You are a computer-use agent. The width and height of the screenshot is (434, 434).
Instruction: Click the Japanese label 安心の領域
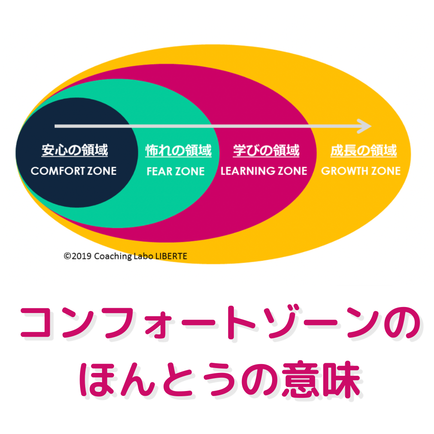(74, 150)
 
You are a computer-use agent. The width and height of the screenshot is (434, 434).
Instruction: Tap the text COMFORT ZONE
(74, 171)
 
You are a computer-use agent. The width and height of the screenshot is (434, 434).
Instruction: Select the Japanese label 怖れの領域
(178, 151)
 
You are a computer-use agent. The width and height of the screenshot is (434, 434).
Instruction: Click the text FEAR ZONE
(176, 171)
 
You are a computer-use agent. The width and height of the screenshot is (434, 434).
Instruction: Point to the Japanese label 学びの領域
(266, 150)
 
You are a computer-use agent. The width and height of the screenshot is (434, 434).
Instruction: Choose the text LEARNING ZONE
(264, 171)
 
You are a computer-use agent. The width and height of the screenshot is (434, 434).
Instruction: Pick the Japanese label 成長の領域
(363, 151)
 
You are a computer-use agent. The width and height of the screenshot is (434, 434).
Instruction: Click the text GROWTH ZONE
(361, 171)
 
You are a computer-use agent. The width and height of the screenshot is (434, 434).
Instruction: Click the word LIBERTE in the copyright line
(171, 256)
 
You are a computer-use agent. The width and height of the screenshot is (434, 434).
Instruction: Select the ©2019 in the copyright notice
(78, 256)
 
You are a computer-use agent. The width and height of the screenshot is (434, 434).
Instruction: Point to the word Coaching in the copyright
(113, 256)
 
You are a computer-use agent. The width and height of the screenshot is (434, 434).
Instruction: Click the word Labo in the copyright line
(143, 256)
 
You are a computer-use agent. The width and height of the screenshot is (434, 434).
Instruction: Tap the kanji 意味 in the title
(321, 380)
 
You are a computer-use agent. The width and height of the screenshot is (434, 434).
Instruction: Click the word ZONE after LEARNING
(292, 171)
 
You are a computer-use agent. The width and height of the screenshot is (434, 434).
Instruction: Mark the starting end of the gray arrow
(55, 126)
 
